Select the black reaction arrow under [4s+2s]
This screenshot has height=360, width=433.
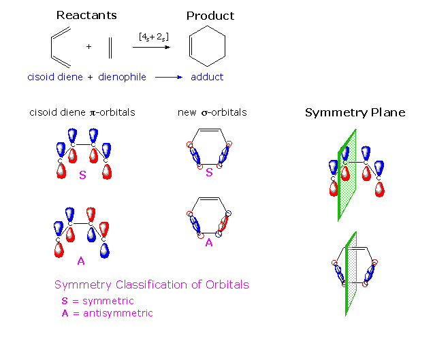click(x=150, y=46)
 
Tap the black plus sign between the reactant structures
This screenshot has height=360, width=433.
click(x=89, y=48)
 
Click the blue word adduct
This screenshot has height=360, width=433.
click(x=207, y=77)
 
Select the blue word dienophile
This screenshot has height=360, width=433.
click(x=123, y=77)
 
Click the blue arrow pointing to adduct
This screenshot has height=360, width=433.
click(x=169, y=78)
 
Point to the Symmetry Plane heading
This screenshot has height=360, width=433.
click(x=355, y=112)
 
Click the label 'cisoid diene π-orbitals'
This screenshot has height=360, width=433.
click(x=82, y=112)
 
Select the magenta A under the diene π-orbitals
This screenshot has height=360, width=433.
click(x=82, y=260)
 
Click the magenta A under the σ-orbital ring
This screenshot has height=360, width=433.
click(x=209, y=240)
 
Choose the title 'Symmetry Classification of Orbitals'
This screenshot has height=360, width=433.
click(x=151, y=284)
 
